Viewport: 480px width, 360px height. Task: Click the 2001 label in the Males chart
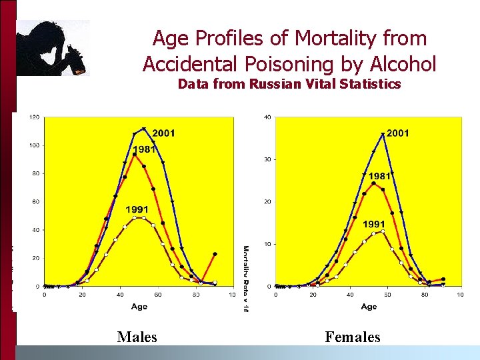163,133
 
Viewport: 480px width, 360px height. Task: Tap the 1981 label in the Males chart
144,149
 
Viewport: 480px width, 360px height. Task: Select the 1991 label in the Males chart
137,210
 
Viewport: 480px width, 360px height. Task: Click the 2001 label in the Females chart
398,133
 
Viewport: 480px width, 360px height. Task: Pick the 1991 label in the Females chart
375,224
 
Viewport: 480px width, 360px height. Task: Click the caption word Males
137,337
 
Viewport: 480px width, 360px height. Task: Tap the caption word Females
353,337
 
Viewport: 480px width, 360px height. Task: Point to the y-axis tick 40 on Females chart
267,117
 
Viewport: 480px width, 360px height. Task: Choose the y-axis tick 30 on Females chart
267,160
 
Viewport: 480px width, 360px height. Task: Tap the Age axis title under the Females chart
369,307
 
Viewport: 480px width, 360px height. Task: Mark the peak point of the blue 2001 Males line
143,129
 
